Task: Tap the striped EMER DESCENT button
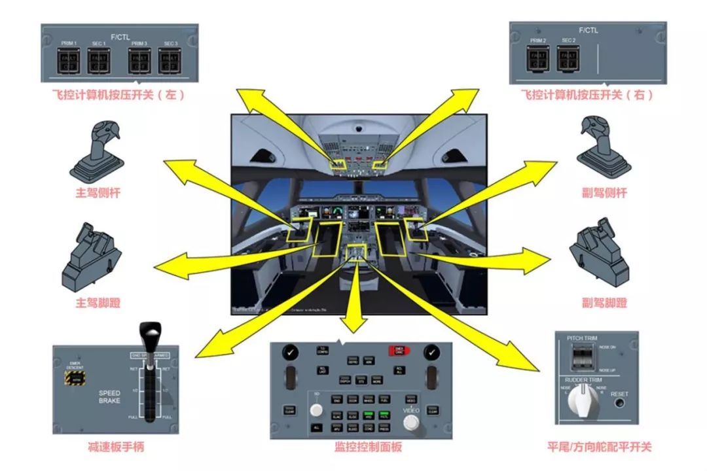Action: (x=77, y=377)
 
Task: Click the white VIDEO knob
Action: (x=411, y=422)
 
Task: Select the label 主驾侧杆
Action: (x=98, y=194)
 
